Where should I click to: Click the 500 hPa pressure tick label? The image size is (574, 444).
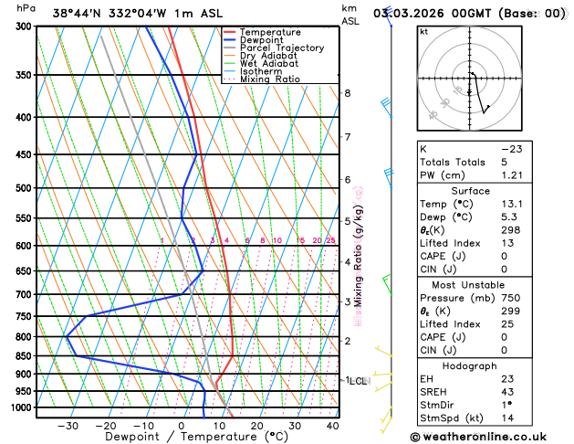coord(23,188)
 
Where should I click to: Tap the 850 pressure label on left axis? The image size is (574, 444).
coord(23,356)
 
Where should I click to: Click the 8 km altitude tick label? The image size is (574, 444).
coord(348,93)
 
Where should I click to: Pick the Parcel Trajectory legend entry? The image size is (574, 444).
coord(281,48)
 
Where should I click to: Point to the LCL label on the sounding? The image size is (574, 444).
coord(358,380)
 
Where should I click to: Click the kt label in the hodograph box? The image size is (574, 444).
coord(423,32)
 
